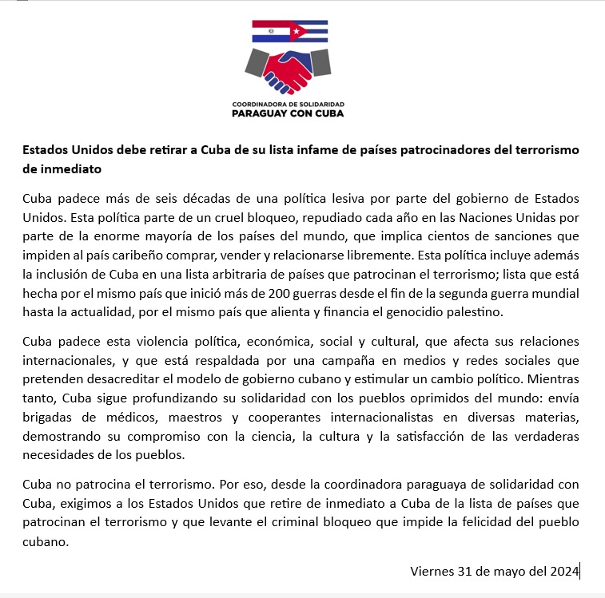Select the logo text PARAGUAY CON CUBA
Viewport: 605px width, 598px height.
288,113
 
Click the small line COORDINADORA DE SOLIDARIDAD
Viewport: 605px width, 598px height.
288,105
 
